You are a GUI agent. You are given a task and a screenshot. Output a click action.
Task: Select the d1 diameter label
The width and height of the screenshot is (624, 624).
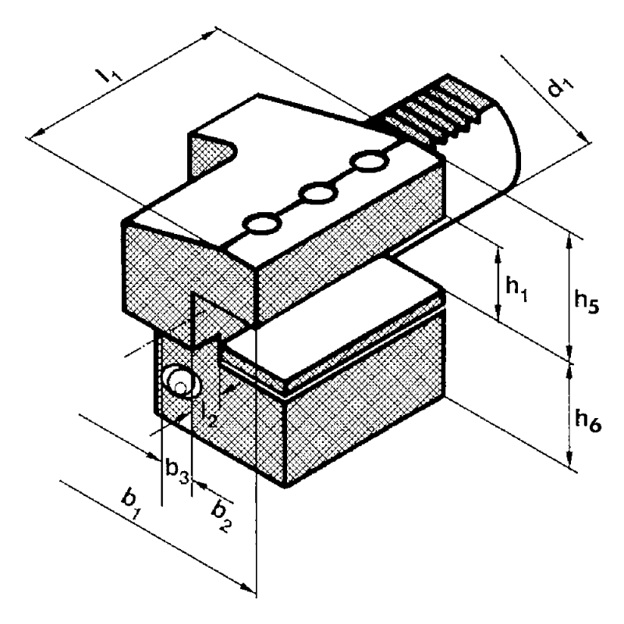[560, 88]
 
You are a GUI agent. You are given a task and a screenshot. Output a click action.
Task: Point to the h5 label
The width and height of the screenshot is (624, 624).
[587, 302]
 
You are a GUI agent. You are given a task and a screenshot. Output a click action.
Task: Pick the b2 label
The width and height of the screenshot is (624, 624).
[222, 516]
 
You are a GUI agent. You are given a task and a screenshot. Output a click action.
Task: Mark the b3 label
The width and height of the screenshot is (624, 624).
[177, 471]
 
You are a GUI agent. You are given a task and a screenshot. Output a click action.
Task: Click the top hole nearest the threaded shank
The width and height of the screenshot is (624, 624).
[369, 161]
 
